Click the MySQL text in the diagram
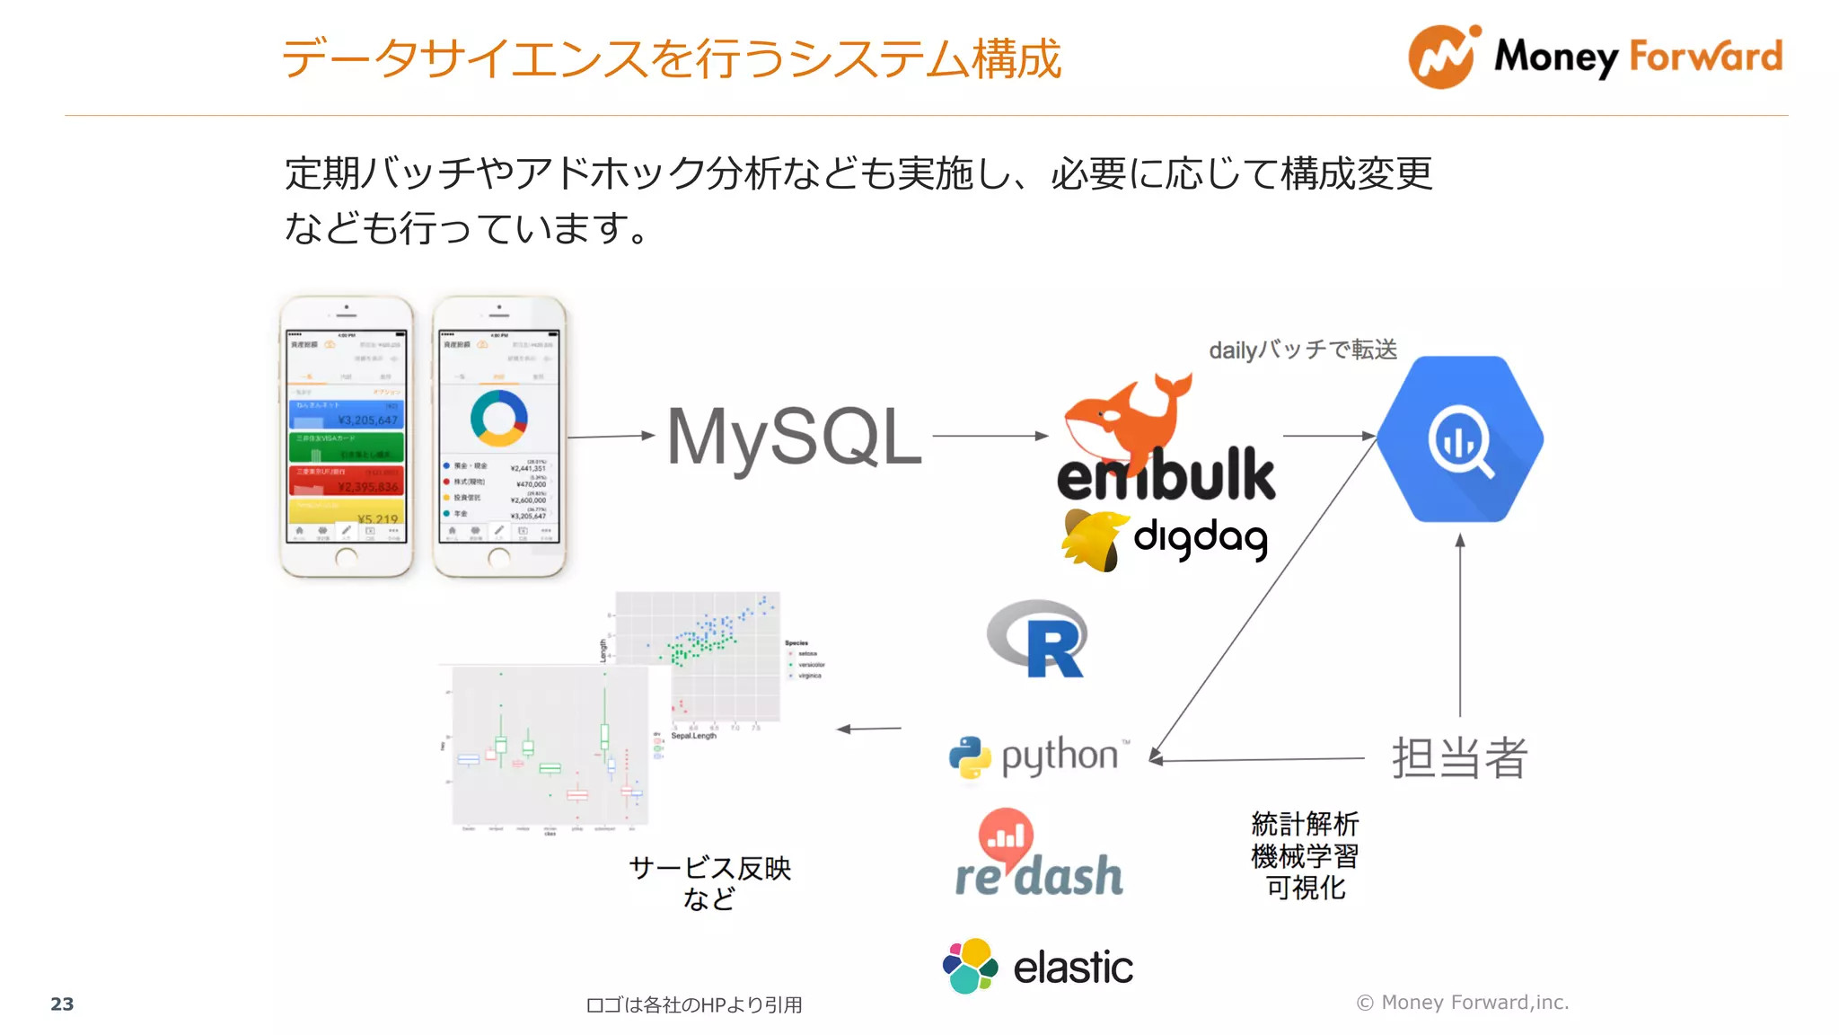794,438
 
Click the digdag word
1201,538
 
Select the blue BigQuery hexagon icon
1460,439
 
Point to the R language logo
1039,639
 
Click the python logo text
1060,756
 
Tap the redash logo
1038,854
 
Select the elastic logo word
1073,968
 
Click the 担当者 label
1459,757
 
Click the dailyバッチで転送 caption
1303,349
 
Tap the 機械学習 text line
1305,855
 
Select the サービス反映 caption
709,868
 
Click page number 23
62,1004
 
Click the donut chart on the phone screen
498,418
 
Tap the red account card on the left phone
346,480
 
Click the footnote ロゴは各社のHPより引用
693,1004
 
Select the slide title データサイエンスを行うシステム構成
671,59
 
